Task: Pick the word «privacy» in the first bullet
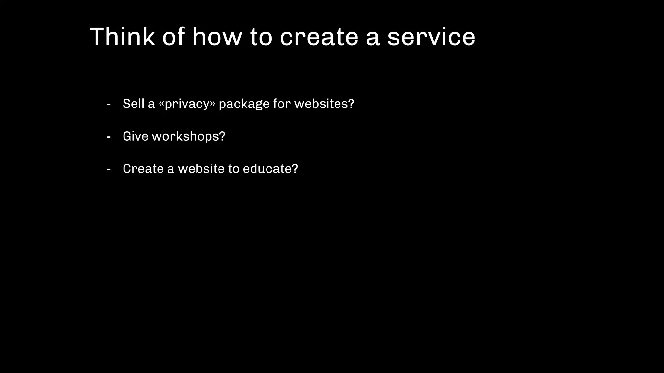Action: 187,104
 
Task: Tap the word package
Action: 244,104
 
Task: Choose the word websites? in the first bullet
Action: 324,104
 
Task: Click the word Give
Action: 136,136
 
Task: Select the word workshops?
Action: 188,137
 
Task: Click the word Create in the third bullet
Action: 143,169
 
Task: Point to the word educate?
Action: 270,169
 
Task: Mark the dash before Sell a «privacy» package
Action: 109,105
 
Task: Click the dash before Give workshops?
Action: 109,137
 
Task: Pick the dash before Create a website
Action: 109,169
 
